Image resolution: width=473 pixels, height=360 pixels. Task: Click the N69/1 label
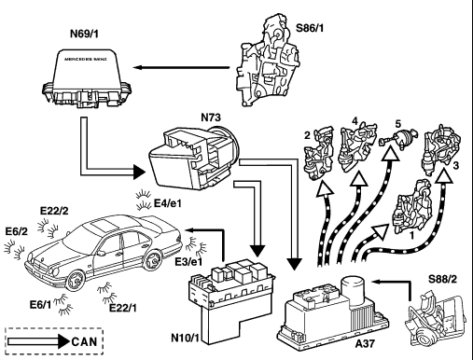point(84,34)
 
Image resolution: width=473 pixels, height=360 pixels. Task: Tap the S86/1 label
point(310,28)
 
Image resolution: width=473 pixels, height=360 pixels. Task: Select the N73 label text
point(211,118)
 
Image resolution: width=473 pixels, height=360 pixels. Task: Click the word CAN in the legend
point(84,341)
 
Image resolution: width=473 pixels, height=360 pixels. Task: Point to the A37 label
point(365,343)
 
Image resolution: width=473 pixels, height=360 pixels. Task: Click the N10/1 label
point(185,338)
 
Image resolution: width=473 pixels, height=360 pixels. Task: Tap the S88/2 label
point(443,279)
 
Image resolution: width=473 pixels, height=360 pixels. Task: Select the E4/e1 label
point(168,203)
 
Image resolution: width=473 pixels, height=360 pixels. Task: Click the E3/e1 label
point(188,262)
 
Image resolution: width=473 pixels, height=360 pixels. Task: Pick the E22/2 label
point(54,211)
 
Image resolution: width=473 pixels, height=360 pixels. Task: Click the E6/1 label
point(41,305)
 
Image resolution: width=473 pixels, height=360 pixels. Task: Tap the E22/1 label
point(123,308)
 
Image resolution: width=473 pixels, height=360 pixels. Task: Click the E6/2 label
point(17,231)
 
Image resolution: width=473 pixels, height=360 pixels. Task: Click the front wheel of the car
point(76,280)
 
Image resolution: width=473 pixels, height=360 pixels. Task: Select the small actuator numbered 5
point(397,138)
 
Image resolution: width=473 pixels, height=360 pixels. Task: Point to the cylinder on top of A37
point(352,288)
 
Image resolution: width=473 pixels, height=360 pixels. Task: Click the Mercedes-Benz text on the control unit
point(86,59)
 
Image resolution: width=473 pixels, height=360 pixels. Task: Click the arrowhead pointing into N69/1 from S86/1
point(138,67)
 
